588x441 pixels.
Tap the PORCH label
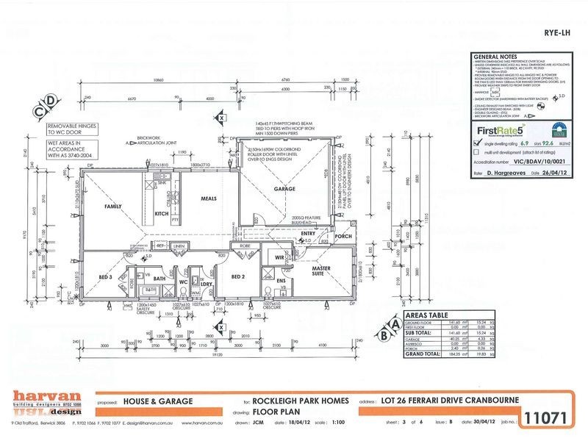343,237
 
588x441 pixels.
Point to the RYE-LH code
553,32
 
